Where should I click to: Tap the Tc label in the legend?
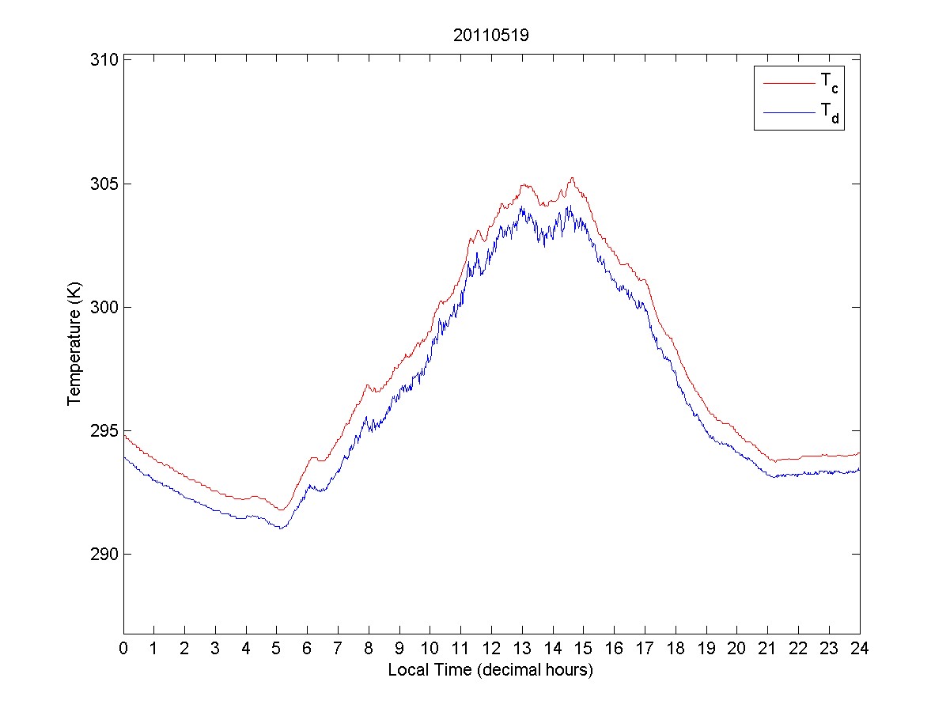point(829,81)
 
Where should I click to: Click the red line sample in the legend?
point(788,82)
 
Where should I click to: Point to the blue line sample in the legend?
point(788,114)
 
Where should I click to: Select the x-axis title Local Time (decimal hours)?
point(490,670)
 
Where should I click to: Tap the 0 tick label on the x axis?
point(123,649)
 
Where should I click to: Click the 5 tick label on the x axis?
point(277,649)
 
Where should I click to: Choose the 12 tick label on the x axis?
point(491,649)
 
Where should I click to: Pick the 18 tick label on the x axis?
point(676,649)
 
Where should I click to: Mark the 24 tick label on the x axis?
point(859,649)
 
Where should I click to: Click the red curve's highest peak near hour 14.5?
point(571,178)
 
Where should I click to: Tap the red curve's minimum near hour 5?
point(280,510)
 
